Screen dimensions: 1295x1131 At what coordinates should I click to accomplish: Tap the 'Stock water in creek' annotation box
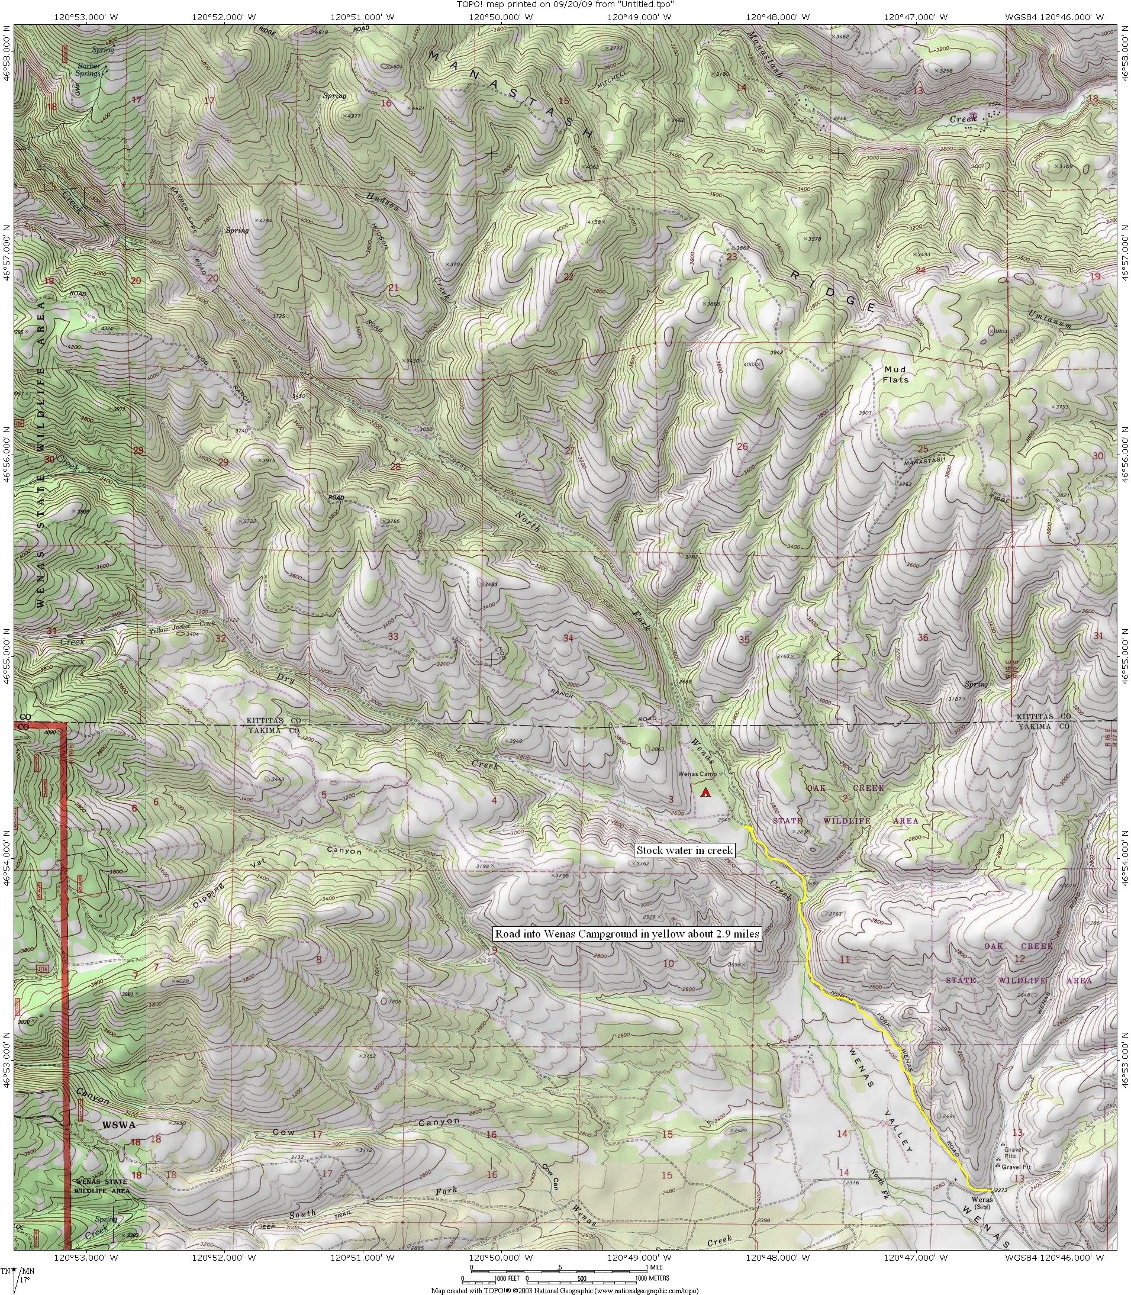(x=685, y=850)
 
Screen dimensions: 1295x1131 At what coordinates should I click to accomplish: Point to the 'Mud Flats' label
(x=895, y=374)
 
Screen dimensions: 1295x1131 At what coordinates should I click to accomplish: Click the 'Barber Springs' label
(x=88, y=69)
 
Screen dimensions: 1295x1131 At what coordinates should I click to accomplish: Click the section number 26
(x=742, y=447)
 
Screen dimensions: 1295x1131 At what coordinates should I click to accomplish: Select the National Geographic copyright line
(x=565, y=1291)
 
